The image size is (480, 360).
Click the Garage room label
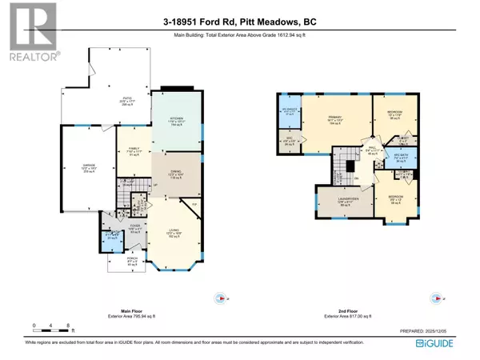coord(88,169)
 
